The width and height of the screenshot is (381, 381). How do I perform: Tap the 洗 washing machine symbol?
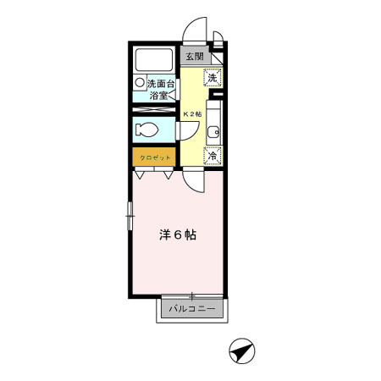pos(214,77)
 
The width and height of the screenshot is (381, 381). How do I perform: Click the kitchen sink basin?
pos(215,131)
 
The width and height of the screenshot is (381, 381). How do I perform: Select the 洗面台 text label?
pos(161,84)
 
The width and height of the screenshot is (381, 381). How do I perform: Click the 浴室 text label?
pos(159,96)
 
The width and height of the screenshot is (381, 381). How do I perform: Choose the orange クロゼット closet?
pos(154,157)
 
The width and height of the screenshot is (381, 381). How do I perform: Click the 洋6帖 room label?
pos(178,235)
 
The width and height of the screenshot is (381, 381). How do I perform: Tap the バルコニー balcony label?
pos(192,309)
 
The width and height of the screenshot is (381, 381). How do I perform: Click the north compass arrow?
pos(242,348)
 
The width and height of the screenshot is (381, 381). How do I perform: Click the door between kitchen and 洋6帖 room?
pos(193,179)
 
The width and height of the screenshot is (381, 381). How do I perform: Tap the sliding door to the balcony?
pos(193,296)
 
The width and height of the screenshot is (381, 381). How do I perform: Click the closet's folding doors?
pos(154,174)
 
